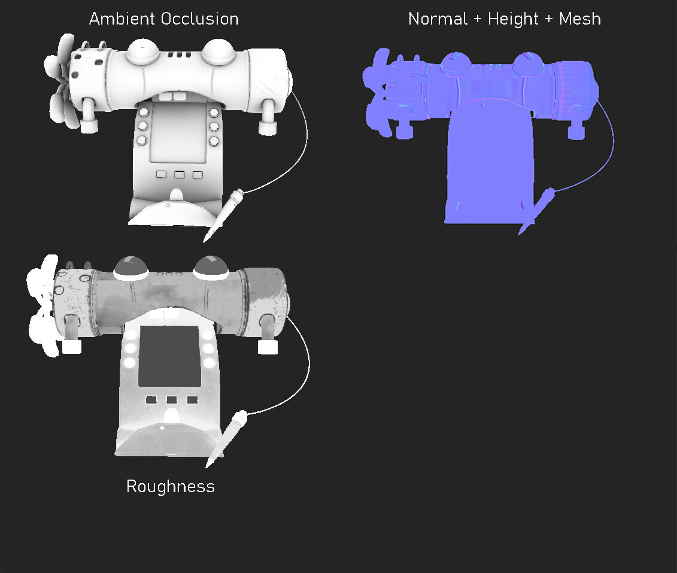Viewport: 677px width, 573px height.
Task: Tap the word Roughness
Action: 170,486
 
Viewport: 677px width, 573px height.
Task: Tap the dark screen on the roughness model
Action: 169,356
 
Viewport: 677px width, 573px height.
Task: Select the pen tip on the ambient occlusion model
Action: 207,237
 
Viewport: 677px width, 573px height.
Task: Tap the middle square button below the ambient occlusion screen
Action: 179,174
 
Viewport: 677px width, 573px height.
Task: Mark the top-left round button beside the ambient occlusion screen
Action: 143,113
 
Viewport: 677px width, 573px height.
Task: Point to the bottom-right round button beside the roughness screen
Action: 209,363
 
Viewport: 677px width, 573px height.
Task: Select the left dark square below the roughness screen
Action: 151,399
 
